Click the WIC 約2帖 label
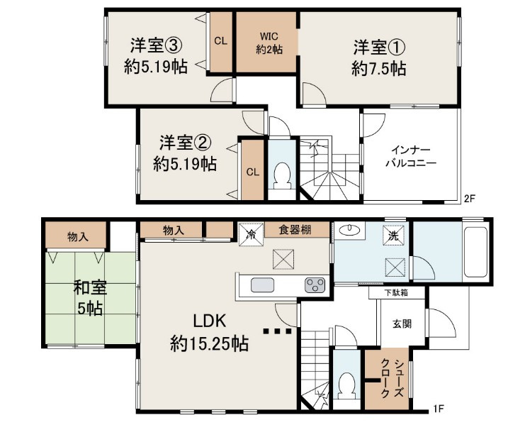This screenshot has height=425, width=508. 269,43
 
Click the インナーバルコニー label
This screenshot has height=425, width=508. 411,156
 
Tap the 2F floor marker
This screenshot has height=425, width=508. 470,198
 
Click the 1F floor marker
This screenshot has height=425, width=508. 439,409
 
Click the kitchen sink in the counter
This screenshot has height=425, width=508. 262,285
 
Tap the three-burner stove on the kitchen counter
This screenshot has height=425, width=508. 315,285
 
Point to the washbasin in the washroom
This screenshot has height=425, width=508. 349,230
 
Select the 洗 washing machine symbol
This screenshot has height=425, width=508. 394,236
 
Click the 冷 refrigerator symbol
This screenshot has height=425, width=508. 251,234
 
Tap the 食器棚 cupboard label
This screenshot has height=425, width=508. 295,230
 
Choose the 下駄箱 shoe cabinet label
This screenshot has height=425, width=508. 396,292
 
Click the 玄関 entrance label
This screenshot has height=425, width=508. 402,324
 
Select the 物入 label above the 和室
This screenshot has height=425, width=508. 78,236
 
